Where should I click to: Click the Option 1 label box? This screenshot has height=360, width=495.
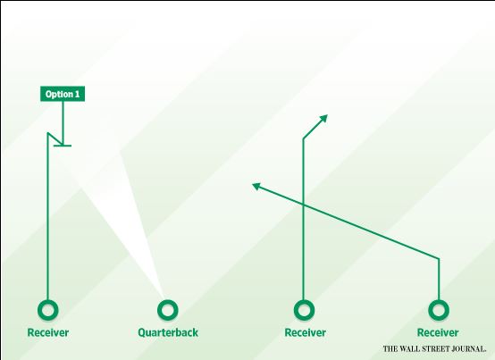click(x=63, y=94)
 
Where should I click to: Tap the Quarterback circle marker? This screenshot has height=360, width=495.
click(x=168, y=310)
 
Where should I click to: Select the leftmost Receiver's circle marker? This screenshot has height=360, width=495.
click(x=48, y=310)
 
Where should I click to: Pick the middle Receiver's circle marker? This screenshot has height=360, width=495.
click(x=304, y=310)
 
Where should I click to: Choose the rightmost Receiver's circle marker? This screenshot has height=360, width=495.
click(x=439, y=310)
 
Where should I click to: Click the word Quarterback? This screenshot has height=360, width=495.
click(x=168, y=332)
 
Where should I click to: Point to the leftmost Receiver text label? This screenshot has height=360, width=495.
click(x=48, y=332)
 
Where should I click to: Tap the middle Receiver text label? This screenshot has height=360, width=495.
click(x=306, y=332)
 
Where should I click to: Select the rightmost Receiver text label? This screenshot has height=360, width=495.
click(x=438, y=332)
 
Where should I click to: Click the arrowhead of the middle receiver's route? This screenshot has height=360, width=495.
click(x=324, y=118)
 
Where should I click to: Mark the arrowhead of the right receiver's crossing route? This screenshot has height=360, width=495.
click(x=256, y=186)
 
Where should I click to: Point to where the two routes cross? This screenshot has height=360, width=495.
click(x=304, y=205)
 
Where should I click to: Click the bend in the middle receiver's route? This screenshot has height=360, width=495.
click(x=304, y=138)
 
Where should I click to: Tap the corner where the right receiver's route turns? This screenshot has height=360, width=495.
click(x=439, y=259)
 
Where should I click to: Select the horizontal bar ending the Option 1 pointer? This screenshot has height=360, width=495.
click(x=63, y=146)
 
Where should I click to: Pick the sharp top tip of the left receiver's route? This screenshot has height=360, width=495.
click(x=47, y=133)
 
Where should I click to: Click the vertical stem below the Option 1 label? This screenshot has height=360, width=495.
click(x=63, y=123)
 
